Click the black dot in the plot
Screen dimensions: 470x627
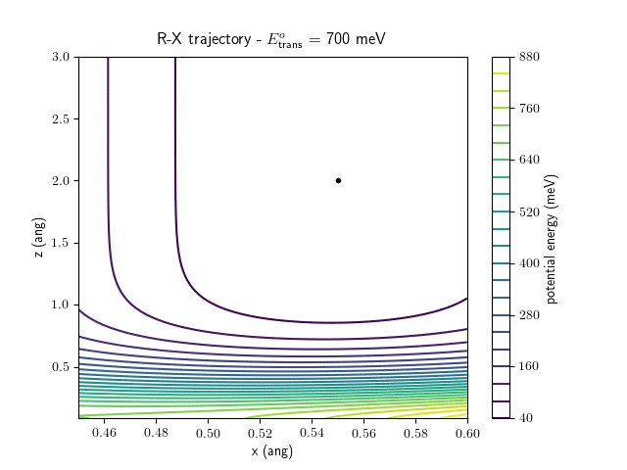pyautogui.click(x=338, y=180)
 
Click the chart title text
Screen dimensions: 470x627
pyautogui.click(x=271, y=40)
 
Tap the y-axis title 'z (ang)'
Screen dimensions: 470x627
pyautogui.click(x=38, y=238)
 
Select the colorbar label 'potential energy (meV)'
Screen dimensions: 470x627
pyautogui.click(x=552, y=238)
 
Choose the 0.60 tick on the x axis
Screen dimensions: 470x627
pyautogui.click(x=466, y=432)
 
